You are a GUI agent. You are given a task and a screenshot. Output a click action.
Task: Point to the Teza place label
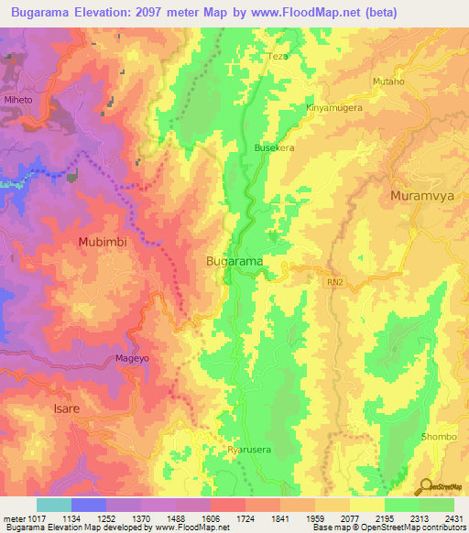(x=278, y=56)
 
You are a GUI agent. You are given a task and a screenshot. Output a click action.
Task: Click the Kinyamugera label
(x=334, y=107)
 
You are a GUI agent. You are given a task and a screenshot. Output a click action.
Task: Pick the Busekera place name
(x=274, y=147)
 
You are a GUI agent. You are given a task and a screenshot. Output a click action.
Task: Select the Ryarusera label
(x=245, y=450)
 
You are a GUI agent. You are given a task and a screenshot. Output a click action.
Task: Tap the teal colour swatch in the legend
(x=53, y=504)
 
